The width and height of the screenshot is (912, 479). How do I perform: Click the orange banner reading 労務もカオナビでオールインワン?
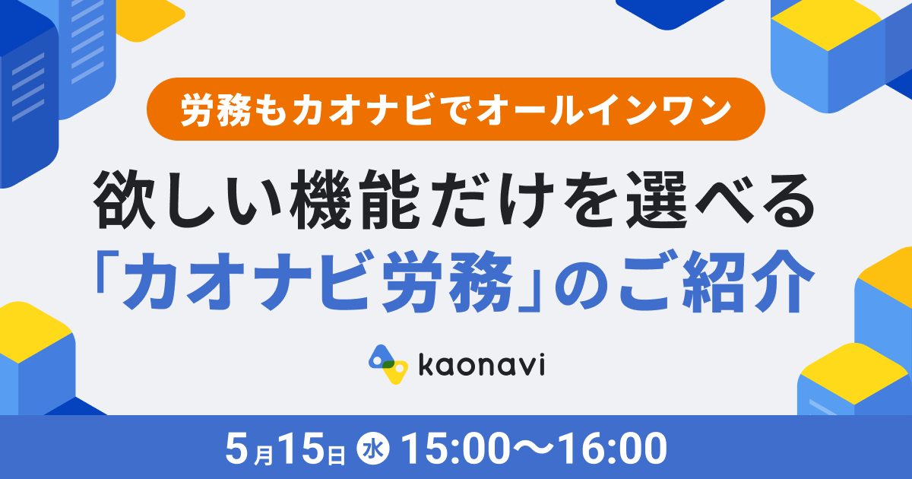click(x=455, y=109)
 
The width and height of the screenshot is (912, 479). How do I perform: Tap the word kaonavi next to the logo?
click(x=482, y=365)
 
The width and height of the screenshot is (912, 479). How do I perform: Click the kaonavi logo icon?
click(x=388, y=364)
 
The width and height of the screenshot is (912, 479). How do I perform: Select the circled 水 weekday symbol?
click(x=373, y=449)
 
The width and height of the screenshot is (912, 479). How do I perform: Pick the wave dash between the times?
click(x=534, y=449)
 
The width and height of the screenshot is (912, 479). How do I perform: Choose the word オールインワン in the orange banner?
click(x=603, y=109)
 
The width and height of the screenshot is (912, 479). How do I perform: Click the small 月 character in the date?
click(x=264, y=455)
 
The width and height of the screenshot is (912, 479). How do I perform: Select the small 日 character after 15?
click(x=337, y=455)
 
